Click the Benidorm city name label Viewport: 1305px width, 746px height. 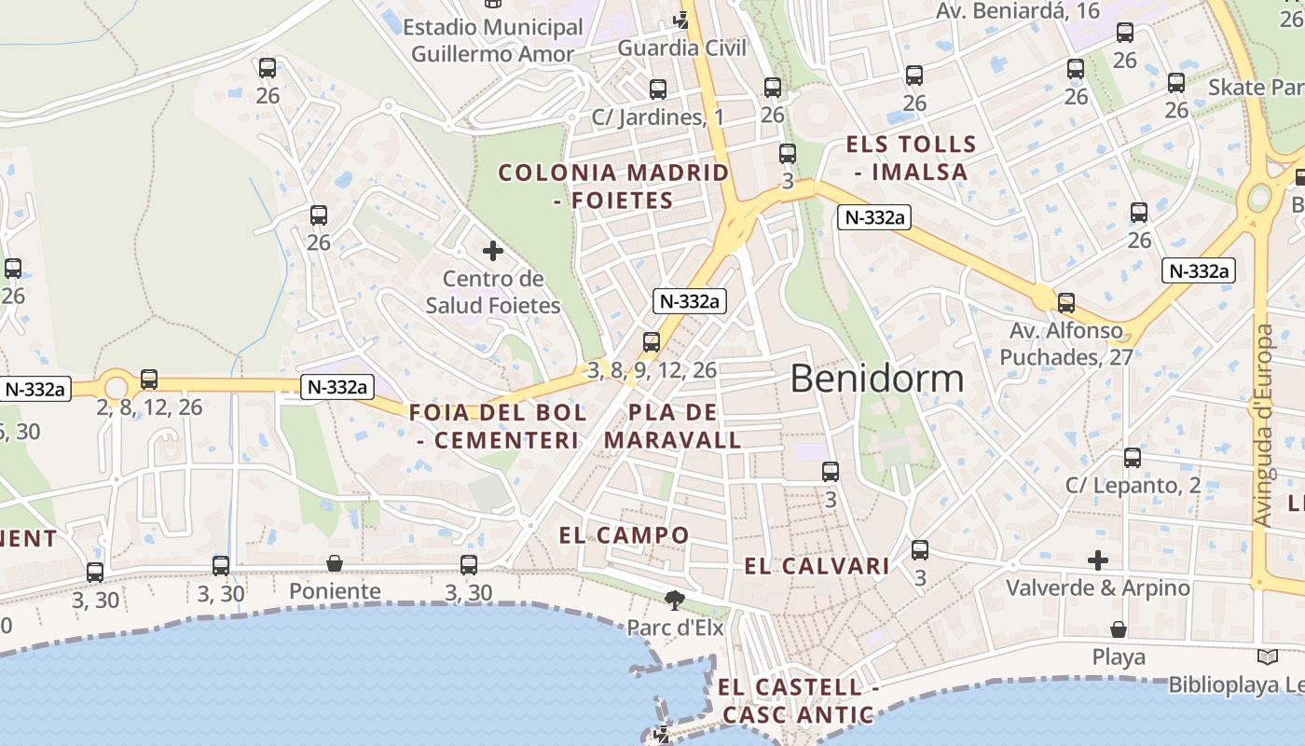pos(877,379)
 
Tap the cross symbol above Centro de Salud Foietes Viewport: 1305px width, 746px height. pos(493,251)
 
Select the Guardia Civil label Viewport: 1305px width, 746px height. pos(682,48)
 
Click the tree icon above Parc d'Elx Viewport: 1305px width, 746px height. pos(674,600)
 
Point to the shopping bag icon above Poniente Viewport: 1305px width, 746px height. pos(335,564)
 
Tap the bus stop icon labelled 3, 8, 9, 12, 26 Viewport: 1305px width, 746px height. pos(652,342)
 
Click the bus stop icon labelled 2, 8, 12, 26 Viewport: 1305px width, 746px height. pos(149,380)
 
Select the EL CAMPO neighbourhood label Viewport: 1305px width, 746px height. pos(624,535)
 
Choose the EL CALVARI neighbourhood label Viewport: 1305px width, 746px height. pos(817,566)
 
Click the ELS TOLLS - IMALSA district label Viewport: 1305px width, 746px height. pos(910,159)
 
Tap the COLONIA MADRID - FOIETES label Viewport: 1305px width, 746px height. pos(613,186)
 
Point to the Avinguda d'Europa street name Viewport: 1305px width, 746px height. pos(1264,425)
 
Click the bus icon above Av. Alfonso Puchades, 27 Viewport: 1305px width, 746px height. pos(1066,303)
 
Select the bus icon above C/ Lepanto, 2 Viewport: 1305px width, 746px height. pos(1133,458)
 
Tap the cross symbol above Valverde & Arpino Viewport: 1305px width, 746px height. pos(1098,560)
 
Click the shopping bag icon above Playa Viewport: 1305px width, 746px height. pos(1119,630)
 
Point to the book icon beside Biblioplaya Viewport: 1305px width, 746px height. pos(1267,656)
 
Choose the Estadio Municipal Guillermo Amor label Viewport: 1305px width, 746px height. pos(493,40)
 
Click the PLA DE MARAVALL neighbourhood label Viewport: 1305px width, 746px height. pos(673,426)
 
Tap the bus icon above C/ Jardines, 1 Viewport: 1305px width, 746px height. pos(658,90)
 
